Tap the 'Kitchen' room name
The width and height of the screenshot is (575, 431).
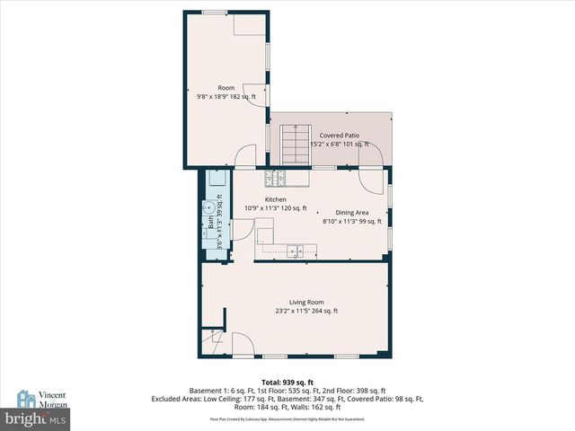click(x=275, y=199)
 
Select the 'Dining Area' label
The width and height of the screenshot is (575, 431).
click(x=352, y=212)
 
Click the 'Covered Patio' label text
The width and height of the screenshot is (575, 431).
click(x=339, y=136)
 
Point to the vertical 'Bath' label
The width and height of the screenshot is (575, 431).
click(x=210, y=220)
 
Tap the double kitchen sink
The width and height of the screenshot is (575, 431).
click(x=294, y=251)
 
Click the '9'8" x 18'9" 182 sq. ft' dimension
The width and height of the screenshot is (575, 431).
click(x=226, y=96)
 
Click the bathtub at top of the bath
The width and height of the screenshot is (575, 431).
click(x=217, y=183)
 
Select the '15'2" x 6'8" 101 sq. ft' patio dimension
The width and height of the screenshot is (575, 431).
click(x=339, y=144)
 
